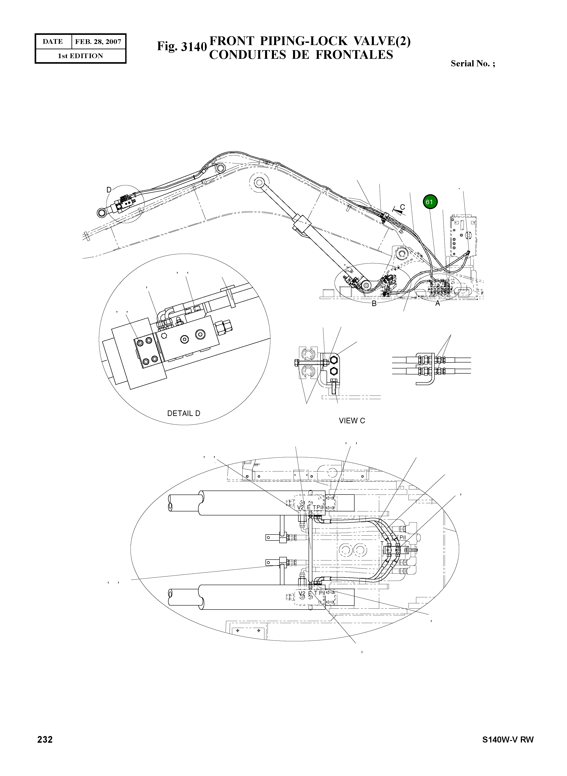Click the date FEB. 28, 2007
[98, 42]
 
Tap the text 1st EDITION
[80, 56]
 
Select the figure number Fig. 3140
[182, 47]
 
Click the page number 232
[45, 739]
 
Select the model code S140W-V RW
[508, 740]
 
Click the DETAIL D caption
[184, 414]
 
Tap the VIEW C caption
[352, 421]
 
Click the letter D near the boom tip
[109, 190]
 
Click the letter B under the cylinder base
[374, 304]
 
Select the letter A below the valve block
[438, 304]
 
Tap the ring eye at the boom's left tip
[102, 213]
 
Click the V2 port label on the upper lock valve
[301, 507]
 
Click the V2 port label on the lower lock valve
[302, 593]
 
